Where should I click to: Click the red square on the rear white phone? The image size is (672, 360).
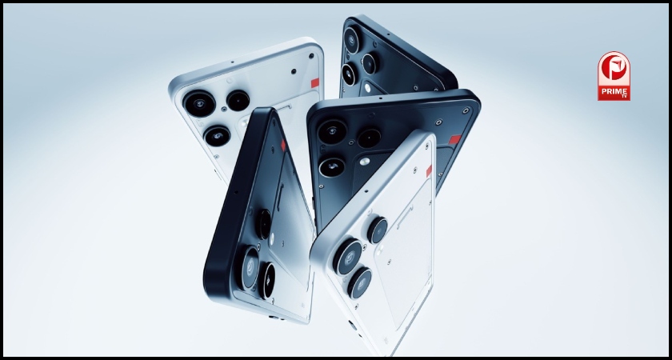coord(315,82)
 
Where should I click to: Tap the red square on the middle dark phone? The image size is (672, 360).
coord(454,139)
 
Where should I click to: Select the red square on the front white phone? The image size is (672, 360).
coord(429,171)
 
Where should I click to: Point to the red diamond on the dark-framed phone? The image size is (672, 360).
coord(283,146)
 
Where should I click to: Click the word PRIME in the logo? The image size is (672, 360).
coord(614,91)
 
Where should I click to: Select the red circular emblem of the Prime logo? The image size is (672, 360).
coord(614,70)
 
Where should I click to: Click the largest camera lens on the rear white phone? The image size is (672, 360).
coord(199,103)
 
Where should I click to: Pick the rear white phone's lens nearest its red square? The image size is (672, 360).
coord(238,101)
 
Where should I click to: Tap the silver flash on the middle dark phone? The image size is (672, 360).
coord(365,161)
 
